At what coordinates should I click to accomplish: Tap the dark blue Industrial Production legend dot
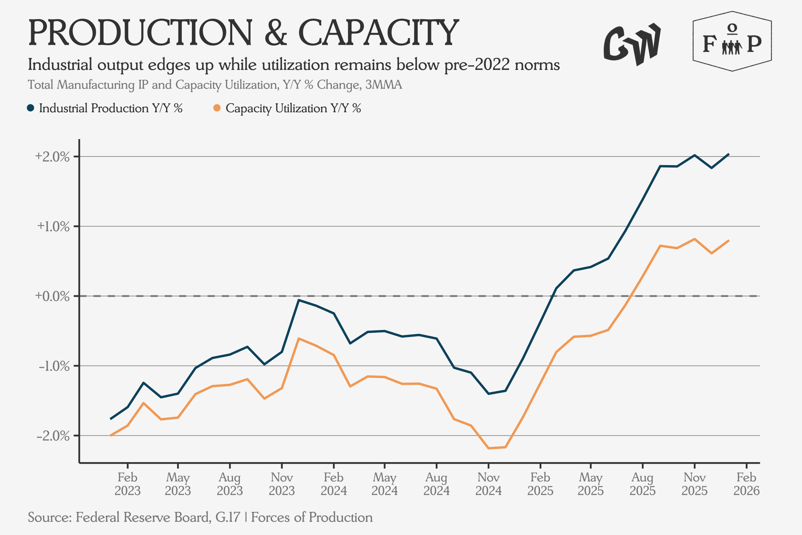(x=31, y=108)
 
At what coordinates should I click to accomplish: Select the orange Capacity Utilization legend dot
(x=217, y=108)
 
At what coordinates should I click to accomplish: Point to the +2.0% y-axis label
(x=52, y=156)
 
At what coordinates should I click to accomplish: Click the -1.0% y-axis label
(x=54, y=366)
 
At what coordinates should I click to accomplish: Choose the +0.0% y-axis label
(x=52, y=296)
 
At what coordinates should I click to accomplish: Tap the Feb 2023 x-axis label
(x=128, y=484)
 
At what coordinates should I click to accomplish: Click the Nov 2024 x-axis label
(x=488, y=484)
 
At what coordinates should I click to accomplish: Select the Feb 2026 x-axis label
(x=747, y=484)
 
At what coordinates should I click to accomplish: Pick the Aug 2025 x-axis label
(x=642, y=484)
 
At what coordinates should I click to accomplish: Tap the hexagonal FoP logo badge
(x=732, y=41)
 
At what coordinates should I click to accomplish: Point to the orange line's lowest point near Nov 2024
(x=489, y=448)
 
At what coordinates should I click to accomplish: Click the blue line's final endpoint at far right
(x=729, y=154)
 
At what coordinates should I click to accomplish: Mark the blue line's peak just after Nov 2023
(x=299, y=300)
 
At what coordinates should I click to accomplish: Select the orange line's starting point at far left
(x=111, y=436)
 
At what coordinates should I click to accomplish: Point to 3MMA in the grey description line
(x=383, y=85)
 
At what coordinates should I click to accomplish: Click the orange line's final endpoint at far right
(x=729, y=240)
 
